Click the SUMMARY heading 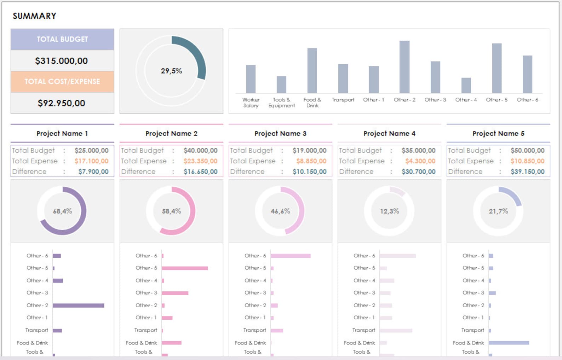coord(34,16)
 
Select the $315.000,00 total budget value coord(61,61)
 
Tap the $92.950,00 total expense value coord(61,103)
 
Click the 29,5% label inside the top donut coord(171,71)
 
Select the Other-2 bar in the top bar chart coord(404,67)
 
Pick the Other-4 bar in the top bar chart coord(466,86)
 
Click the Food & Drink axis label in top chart coord(312,103)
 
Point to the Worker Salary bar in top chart coord(251,79)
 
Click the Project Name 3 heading coord(280,134)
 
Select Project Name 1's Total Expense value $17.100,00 coord(91,161)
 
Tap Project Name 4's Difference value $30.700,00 coord(418,172)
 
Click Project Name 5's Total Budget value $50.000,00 coord(527,150)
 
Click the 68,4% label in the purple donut coord(62,211)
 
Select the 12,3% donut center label coord(389,211)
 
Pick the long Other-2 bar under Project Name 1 coord(78,306)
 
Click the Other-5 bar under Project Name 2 coord(185,268)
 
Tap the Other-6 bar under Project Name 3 coord(291,256)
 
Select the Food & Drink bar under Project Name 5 coord(509,343)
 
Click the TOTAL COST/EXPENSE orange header coord(62,82)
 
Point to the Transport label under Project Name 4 coord(363,330)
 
